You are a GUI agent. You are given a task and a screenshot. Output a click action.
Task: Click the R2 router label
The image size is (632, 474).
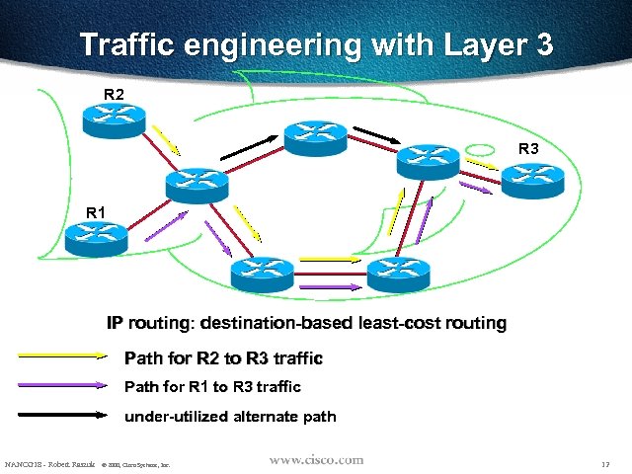pos(115,94)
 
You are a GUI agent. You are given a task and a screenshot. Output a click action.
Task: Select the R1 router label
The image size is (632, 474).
pos(96,211)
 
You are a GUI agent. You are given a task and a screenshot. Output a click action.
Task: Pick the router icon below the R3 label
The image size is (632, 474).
pos(530,179)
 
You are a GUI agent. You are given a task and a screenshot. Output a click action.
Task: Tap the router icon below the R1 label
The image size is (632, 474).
pos(96,239)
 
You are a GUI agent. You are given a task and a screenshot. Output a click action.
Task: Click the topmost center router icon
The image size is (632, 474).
pos(316,137)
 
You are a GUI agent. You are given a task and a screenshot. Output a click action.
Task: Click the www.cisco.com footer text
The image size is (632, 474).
pos(317,460)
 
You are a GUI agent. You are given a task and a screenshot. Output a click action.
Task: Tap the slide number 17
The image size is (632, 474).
pos(603,463)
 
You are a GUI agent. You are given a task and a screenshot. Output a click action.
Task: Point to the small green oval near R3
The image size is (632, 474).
pos(480,150)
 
